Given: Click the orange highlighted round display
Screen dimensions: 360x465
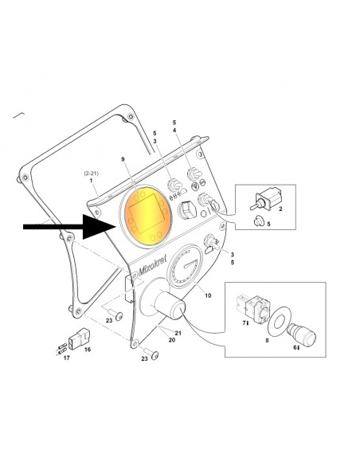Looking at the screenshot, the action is [148, 217].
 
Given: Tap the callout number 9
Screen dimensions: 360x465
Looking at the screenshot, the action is [123, 159].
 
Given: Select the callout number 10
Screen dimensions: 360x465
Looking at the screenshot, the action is [208, 295].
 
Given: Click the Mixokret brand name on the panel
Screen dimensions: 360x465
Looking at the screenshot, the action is [152, 266].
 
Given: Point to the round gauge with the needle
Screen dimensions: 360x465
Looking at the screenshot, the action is [185, 265].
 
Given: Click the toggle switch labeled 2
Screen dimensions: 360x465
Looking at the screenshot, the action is [265, 199].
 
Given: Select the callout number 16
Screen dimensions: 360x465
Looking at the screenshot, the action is [87, 350].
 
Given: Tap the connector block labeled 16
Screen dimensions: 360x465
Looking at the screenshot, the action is [79, 338].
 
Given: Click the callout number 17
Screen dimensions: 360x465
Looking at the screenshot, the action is [67, 358].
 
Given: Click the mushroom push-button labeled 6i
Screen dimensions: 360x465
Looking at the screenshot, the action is [303, 335].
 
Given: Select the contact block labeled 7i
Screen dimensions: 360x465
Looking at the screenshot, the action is [253, 308].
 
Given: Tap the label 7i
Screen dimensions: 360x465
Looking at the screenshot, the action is [245, 323].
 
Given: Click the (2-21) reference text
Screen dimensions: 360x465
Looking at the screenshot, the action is [92, 174].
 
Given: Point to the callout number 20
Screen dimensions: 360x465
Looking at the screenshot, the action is [172, 340].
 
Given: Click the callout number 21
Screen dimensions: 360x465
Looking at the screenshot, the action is [178, 333].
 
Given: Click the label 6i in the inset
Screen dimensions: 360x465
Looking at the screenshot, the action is [296, 348].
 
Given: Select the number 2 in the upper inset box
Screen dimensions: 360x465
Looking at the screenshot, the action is [280, 209].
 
